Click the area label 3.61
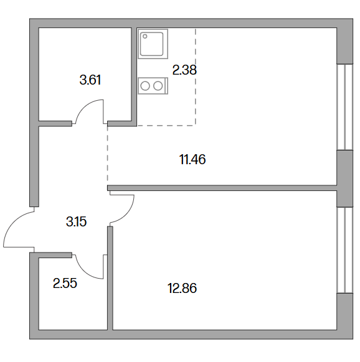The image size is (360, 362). pyautogui.click(x=90, y=80)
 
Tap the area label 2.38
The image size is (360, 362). pyautogui.click(x=184, y=70)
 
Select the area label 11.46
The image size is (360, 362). pyautogui.click(x=192, y=159)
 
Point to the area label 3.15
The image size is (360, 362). pyautogui.click(x=77, y=221)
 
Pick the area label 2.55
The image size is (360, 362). pyautogui.click(x=65, y=283)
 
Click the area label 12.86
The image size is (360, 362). pyautogui.click(x=182, y=288)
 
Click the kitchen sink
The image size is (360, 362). pyautogui.click(x=153, y=44)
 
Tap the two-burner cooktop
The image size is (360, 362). pyautogui.click(x=153, y=86)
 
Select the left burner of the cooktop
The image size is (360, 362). pyautogui.click(x=146, y=86)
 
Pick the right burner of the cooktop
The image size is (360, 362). pyautogui.click(x=158, y=86)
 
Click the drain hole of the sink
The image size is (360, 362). pyautogui.click(x=145, y=36)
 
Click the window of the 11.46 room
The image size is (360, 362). pyautogui.click(x=344, y=107)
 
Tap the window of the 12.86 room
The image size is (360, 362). pyautogui.click(x=344, y=250)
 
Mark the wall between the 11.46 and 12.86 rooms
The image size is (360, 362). pyautogui.click(x=222, y=188)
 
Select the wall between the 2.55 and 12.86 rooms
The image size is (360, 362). pyautogui.click(x=110, y=278)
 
